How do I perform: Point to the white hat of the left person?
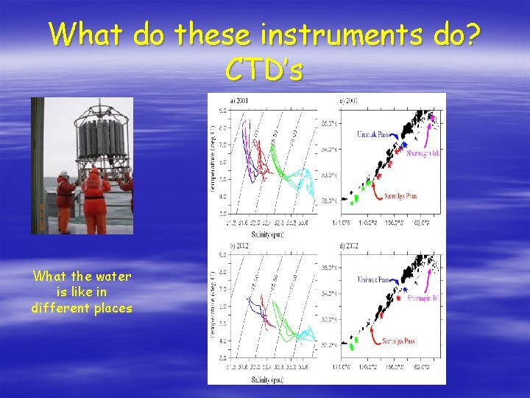click(63, 174)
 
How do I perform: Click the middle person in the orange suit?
click(95, 199)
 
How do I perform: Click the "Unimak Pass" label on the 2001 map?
click(376, 136)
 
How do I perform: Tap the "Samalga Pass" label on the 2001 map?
click(400, 197)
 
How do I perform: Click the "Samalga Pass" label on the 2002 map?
click(397, 341)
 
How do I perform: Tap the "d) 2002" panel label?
click(347, 245)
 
